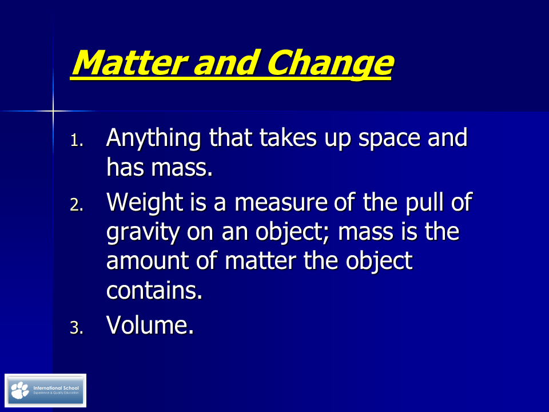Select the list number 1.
click(x=77, y=141)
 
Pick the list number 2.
click(x=77, y=205)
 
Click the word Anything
click(x=153, y=139)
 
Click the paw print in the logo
click(x=20, y=390)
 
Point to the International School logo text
click(x=57, y=388)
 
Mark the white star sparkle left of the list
click(x=53, y=110)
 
